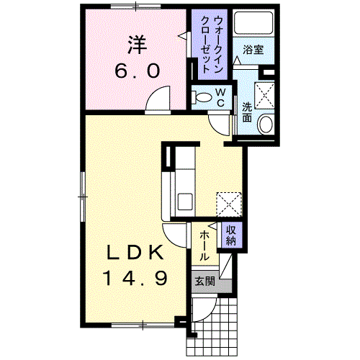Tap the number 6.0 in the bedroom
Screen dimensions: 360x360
coord(138,71)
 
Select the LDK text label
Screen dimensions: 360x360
coord(135,252)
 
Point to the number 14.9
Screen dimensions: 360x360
coord(135,278)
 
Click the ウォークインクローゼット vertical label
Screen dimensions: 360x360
coord(212,45)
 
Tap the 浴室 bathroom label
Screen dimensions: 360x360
coord(253,50)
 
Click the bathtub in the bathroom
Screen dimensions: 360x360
coord(253,23)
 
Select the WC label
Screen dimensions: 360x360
coord(220,97)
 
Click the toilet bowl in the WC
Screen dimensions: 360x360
coord(202,97)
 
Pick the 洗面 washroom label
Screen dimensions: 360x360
coord(247,112)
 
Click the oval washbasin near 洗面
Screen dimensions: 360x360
coord(266,124)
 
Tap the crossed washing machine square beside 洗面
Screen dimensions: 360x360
coord(264,96)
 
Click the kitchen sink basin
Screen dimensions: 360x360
coord(185,201)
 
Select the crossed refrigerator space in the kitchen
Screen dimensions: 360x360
coord(229,204)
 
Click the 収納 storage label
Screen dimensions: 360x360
coord(231,235)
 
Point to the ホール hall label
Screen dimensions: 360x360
coord(204,246)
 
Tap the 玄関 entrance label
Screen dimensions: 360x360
coord(204,282)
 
